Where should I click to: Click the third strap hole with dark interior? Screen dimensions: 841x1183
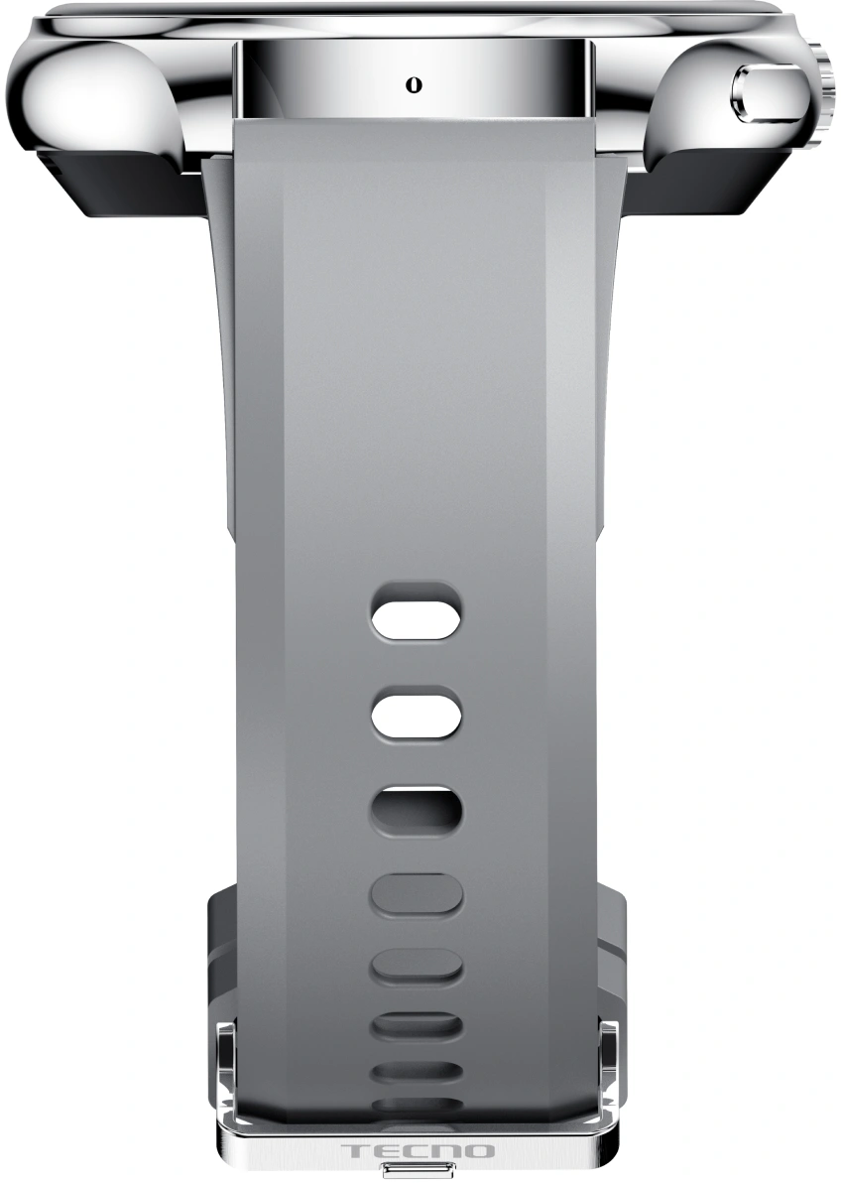417,813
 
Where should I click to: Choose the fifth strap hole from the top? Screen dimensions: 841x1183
417,968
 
